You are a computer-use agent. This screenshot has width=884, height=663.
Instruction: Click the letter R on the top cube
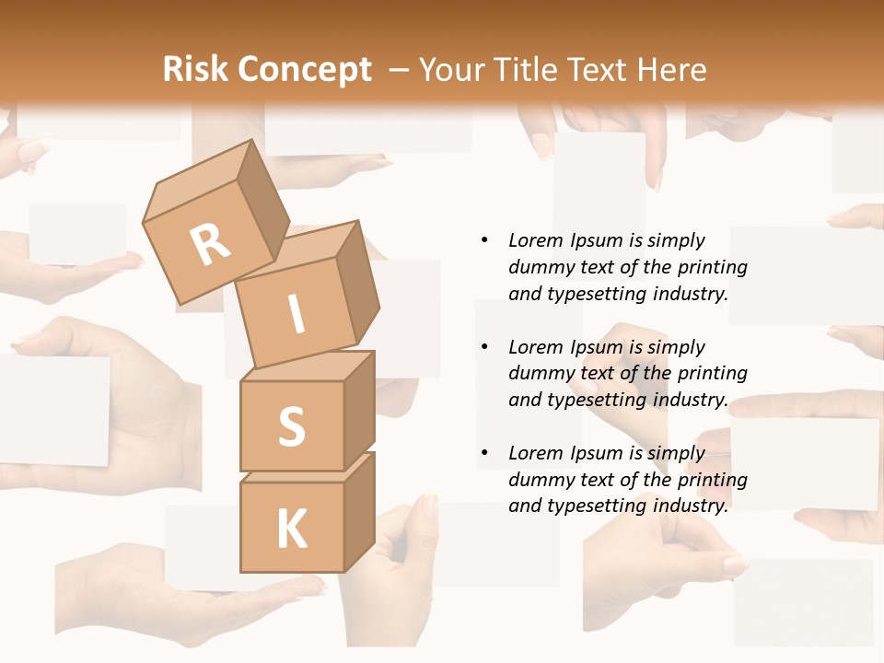[210, 245]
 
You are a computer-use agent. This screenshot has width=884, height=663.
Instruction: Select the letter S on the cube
[291, 426]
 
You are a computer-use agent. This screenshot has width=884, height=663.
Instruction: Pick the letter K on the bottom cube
[291, 529]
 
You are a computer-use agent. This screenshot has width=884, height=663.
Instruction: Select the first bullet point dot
[484, 240]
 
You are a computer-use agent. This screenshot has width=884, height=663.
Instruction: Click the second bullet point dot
[484, 347]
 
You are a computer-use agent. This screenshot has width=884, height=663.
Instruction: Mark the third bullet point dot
[484, 453]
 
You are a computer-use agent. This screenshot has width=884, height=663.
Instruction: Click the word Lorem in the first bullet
[535, 240]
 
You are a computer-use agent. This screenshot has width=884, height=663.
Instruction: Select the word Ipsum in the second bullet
[594, 347]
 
